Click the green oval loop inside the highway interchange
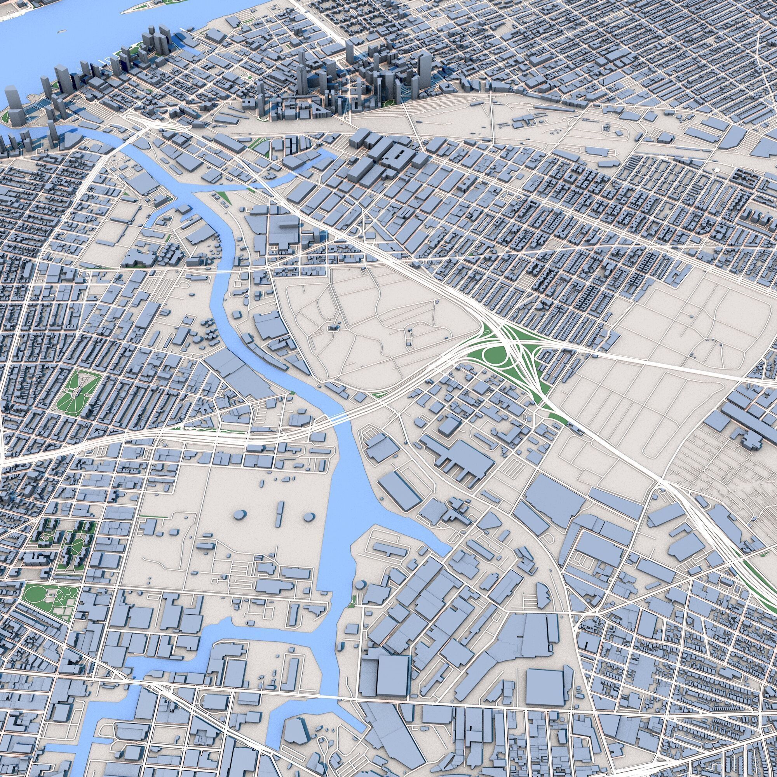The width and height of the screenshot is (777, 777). click(493, 355)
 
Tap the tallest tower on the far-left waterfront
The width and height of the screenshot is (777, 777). click(14, 103)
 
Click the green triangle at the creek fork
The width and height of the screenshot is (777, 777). click(220, 196)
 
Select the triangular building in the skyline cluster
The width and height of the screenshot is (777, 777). click(318, 109)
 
